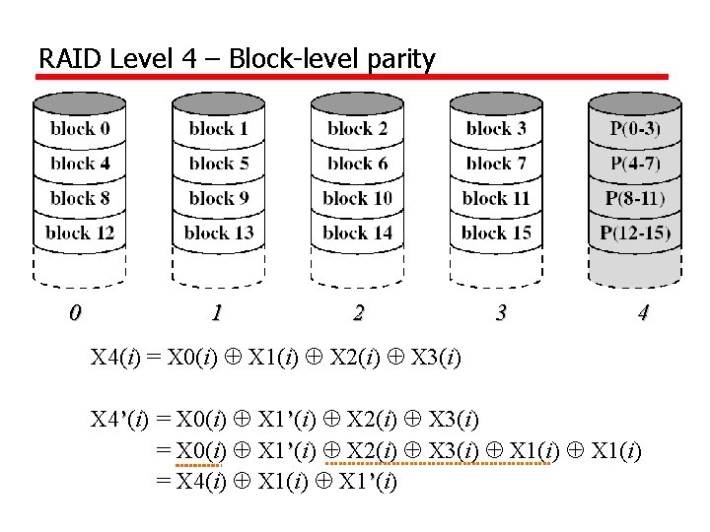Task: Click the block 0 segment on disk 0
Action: click(x=80, y=128)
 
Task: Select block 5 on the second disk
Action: click(x=219, y=164)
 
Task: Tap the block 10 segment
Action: click(x=357, y=198)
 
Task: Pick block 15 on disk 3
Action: click(x=496, y=233)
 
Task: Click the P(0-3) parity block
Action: click(x=635, y=128)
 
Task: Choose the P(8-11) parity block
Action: click(x=635, y=198)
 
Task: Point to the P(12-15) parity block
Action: click(x=635, y=233)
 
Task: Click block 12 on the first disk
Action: click(x=80, y=233)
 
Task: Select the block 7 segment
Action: click(x=496, y=164)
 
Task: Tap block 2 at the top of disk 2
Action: click(x=357, y=128)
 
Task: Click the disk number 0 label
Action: click(x=74, y=313)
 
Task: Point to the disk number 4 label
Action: click(x=643, y=313)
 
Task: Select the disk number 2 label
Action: click(x=358, y=313)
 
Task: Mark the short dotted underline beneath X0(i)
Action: click(x=200, y=464)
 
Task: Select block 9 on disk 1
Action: click(x=219, y=198)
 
